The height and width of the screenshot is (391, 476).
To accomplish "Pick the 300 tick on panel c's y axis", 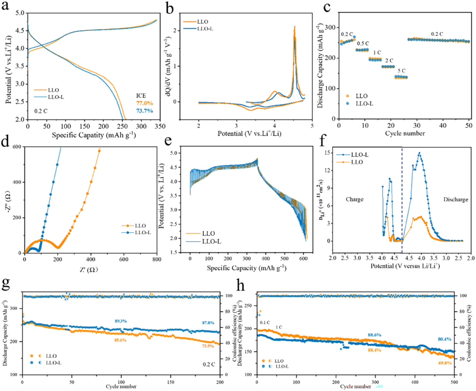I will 331,27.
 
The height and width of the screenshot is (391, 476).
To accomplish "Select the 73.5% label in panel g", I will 205,345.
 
